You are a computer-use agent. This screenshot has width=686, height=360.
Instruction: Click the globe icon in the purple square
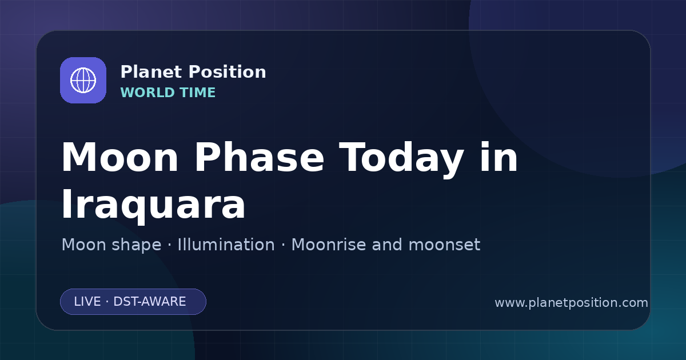click(x=83, y=80)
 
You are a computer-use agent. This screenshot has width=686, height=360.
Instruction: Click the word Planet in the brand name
click(x=151, y=72)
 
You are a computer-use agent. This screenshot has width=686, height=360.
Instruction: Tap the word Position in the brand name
click(x=228, y=72)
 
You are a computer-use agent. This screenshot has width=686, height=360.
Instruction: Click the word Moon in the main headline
click(x=119, y=158)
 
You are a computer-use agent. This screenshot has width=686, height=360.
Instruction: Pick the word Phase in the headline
click(x=259, y=157)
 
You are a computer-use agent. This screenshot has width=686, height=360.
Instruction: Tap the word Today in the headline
click(x=401, y=159)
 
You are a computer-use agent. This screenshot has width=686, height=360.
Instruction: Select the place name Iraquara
click(x=153, y=204)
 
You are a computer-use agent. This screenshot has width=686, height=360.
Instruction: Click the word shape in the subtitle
click(x=136, y=245)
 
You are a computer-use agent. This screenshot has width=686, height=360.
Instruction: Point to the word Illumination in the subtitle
click(x=226, y=245)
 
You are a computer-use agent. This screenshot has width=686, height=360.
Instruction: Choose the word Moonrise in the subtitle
click(x=328, y=245)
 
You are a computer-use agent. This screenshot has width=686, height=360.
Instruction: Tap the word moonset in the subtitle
click(x=444, y=245)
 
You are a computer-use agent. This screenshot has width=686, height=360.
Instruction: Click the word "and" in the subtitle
click(x=387, y=245)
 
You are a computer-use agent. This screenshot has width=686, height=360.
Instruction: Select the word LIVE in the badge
click(x=87, y=302)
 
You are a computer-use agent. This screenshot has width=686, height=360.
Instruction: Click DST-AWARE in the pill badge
click(x=150, y=302)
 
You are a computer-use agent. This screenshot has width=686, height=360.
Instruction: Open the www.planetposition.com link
click(x=572, y=303)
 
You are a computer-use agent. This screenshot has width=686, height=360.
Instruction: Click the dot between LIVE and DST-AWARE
click(x=107, y=302)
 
